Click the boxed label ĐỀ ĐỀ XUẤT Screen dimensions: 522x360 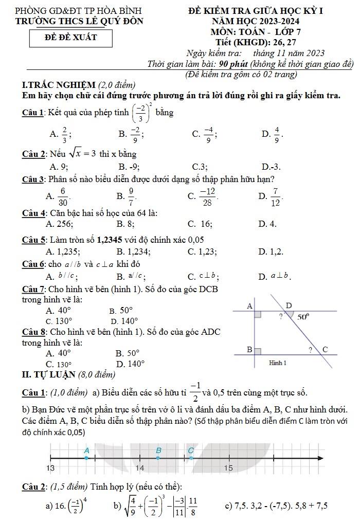(x=71, y=38)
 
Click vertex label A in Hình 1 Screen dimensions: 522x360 (x=250, y=306)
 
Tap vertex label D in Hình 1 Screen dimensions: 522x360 (x=289, y=305)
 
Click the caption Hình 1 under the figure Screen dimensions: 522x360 (x=278, y=363)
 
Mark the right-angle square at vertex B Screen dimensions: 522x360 (x=258, y=351)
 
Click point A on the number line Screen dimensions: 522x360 (x=86, y=458)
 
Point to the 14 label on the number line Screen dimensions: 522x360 (x=140, y=469)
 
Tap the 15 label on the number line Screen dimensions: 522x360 (x=229, y=469)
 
